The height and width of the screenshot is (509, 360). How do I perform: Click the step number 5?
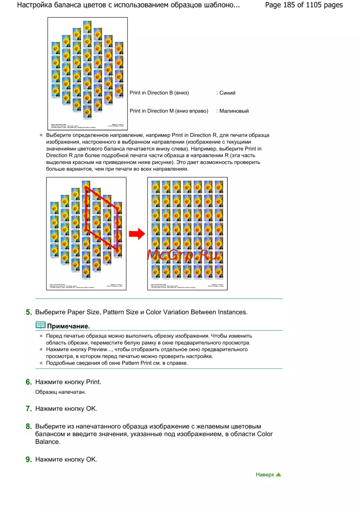[x=29, y=312]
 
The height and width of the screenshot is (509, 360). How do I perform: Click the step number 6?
[x=29, y=382]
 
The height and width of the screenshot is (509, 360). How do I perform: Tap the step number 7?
[x=29, y=409]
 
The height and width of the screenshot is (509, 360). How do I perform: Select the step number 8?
[x=29, y=427]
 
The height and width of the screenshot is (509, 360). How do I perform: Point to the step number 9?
[x=29, y=459]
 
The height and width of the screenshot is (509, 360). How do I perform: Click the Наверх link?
[x=265, y=475]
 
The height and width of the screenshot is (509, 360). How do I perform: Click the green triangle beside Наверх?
[x=278, y=474]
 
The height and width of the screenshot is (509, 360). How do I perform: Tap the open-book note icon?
[x=41, y=325]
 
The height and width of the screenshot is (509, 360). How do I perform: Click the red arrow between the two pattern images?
[x=137, y=234]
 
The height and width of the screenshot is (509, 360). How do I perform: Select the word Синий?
[x=227, y=93]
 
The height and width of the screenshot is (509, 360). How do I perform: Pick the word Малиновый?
[x=234, y=111]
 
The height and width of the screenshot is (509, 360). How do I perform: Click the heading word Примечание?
[x=68, y=326]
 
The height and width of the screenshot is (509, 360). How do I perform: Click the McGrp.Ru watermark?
[x=183, y=255]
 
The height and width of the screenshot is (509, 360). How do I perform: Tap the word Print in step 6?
[x=93, y=382]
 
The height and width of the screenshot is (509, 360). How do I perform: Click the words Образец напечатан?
[x=60, y=392]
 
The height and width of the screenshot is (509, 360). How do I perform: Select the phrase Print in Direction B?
[x=151, y=93]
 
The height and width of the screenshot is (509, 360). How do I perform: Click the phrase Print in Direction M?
[x=152, y=111]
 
